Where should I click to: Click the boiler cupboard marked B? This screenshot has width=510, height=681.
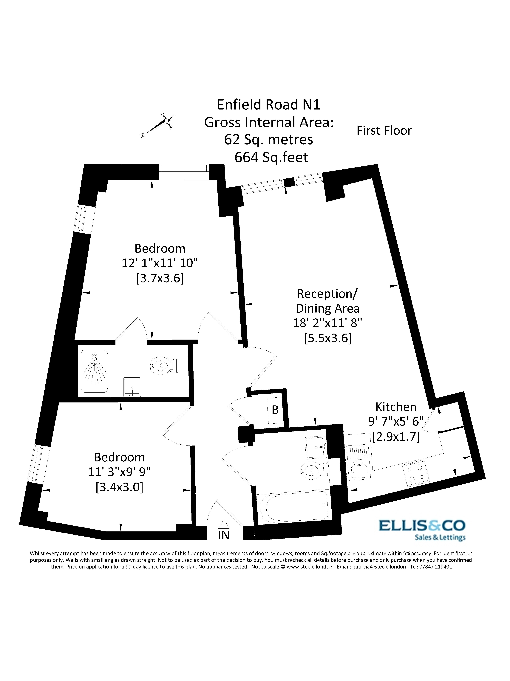[x=275, y=410]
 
